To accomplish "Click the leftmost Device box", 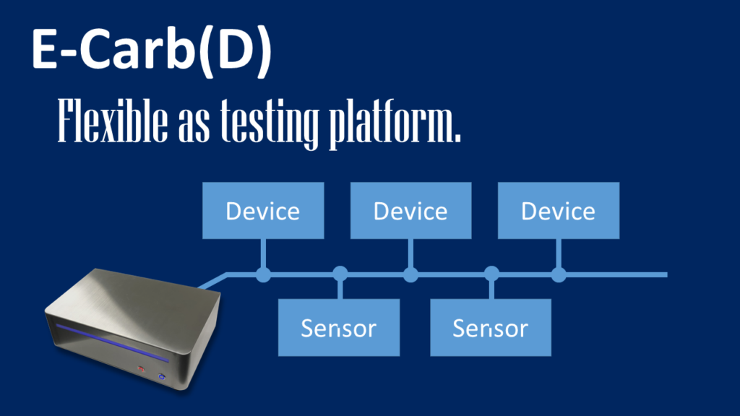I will point(263,211).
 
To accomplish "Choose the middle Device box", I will point(410,211).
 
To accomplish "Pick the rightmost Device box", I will point(559,211).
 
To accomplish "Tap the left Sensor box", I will point(339,328).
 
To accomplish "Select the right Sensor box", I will point(491,328).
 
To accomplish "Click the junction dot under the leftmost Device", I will point(263,274).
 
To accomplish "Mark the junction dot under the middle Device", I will point(410,274).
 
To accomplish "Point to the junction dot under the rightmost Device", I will point(559,274).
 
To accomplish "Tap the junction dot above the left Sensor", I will point(340,274).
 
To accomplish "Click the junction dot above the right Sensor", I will point(491,274).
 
